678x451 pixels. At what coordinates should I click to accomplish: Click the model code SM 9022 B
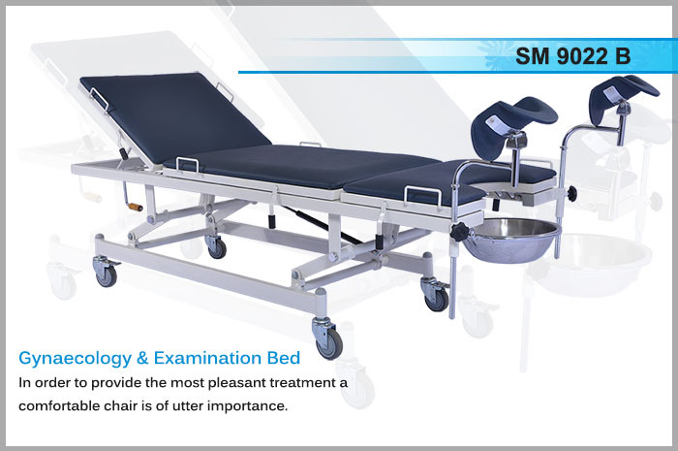click(x=573, y=56)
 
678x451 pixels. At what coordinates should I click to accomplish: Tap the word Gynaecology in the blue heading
click(x=75, y=359)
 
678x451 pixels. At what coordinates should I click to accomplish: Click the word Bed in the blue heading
click(x=284, y=358)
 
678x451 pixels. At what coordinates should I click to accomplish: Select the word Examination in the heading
click(x=207, y=358)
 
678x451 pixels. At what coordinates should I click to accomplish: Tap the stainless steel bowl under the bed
click(x=511, y=241)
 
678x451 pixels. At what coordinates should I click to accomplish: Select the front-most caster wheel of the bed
click(x=328, y=342)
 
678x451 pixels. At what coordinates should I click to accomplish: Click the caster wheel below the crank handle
click(x=106, y=275)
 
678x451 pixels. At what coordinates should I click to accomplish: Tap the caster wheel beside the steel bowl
click(x=436, y=299)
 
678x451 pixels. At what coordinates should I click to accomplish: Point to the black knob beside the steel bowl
click(x=459, y=234)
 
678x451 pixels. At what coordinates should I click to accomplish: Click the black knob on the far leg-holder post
click(x=572, y=193)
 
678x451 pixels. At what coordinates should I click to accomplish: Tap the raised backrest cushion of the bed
click(x=174, y=117)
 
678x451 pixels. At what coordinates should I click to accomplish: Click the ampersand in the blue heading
click(x=142, y=359)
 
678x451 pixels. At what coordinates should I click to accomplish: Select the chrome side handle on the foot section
click(x=422, y=197)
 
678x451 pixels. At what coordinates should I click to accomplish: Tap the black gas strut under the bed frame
click(x=324, y=224)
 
